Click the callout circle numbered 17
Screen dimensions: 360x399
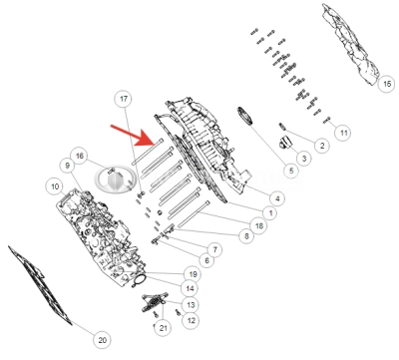(x=124, y=99)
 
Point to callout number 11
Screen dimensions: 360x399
(x=342, y=133)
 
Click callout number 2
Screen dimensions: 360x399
(x=322, y=146)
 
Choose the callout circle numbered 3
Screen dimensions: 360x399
(x=303, y=159)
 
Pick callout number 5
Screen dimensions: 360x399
(x=289, y=172)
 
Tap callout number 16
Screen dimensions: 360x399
(x=81, y=156)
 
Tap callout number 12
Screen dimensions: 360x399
(x=191, y=320)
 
